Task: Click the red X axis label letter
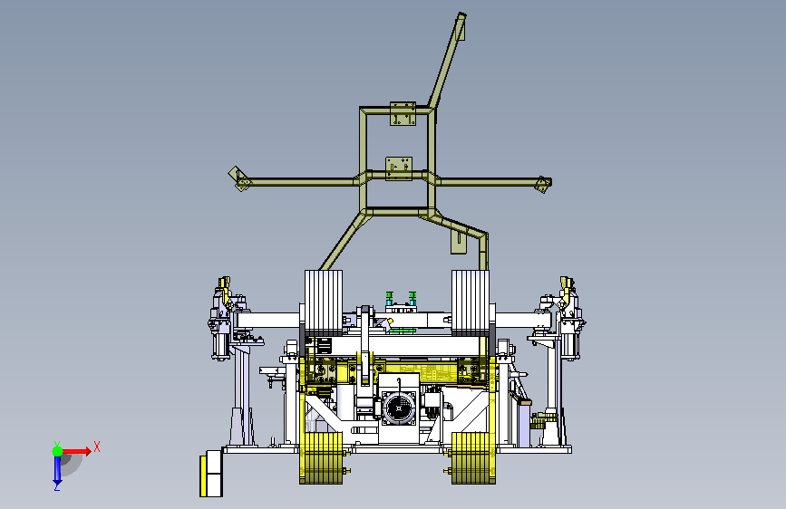[x=97, y=447]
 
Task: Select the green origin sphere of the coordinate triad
[x=58, y=451]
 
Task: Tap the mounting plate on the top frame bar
[x=403, y=114]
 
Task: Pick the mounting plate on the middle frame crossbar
[x=399, y=168]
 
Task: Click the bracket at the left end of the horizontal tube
[x=238, y=178]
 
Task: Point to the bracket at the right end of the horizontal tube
[x=543, y=184]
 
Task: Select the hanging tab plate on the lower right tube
[x=458, y=242]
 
